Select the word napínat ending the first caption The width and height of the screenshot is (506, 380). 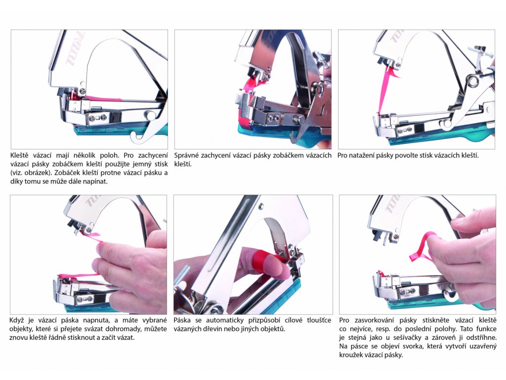pos(95,182)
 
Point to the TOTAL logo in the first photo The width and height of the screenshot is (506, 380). pos(75,48)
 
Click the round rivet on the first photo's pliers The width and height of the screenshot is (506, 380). pos(150,114)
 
